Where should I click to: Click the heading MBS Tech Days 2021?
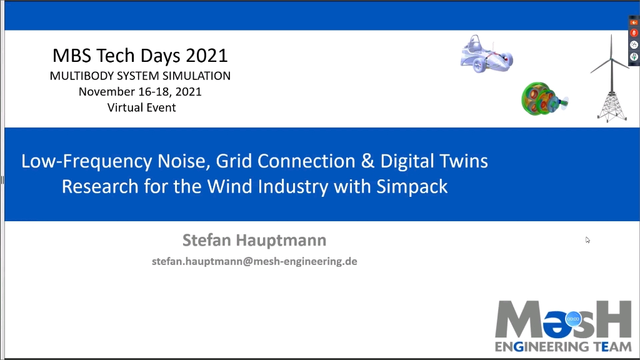(x=140, y=56)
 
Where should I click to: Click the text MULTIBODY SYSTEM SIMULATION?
(x=140, y=76)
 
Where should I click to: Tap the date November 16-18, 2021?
(x=140, y=91)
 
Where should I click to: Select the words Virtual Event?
(x=142, y=107)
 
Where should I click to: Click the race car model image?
(x=486, y=54)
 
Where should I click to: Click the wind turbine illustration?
(x=611, y=78)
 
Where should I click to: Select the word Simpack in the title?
(x=412, y=186)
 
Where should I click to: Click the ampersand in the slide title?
(x=367, y=161)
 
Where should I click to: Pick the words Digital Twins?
(x=434, y=161)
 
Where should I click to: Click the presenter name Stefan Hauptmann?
(x=254, y=240)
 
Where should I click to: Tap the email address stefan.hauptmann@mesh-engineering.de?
(x=254, y=261)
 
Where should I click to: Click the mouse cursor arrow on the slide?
(x=587, y=240)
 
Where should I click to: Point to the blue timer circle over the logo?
(x=573, y=319)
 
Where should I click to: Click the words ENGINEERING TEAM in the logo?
(x=563, y=346)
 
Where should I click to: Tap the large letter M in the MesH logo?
(x=519, y=319)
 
